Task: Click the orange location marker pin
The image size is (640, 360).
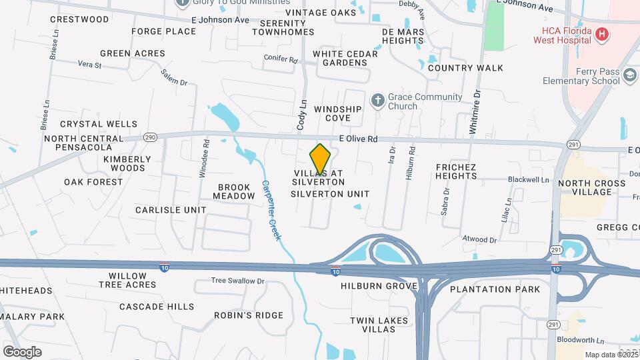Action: [x=320, y=159]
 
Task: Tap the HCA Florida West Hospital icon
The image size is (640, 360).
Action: [x=602, y=34]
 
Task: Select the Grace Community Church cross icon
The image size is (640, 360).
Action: [x=377, y=101]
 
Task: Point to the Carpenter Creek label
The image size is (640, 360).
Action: [x=273, y=211]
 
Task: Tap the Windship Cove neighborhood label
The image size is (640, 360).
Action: [x=337, y=113]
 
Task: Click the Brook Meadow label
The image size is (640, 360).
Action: [x=233, y=191]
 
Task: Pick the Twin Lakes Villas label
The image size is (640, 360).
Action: [x=378, y=325]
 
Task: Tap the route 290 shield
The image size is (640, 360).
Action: [x=149, y=137]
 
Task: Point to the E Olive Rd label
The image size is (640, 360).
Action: [x=358, y=139]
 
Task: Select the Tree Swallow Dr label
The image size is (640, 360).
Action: [x=238, y=281]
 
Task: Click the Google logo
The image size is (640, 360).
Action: [x=22, y=351]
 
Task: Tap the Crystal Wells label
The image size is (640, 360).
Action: [x=99, y=124]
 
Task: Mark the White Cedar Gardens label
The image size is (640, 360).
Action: [x=340, y=58]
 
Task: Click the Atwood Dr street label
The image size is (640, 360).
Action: [x=480, y=239]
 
